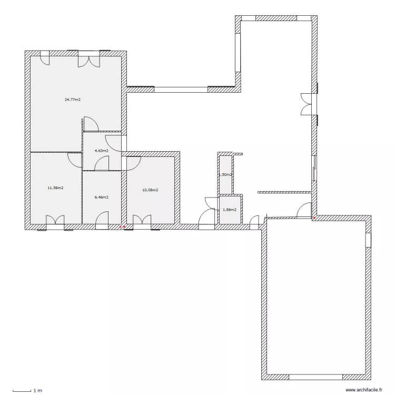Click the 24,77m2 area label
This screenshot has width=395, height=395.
[72, 99]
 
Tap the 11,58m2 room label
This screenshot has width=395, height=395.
[55, 187]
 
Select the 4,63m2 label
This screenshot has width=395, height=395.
[101, 151]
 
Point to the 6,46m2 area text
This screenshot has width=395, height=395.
[101, 197]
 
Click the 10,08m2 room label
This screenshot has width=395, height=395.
[150, 190]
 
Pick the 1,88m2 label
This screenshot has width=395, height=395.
[230, 210]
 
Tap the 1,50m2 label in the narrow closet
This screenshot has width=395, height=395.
[225, 174]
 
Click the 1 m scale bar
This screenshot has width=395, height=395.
[24, 390]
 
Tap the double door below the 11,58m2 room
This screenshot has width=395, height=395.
[55, 221]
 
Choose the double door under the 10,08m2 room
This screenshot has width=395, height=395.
[142, 221]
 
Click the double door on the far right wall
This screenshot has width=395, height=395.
[308, 103]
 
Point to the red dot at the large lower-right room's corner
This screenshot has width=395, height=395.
[314, 217]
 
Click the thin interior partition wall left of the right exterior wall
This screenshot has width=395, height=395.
[284, 192]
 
